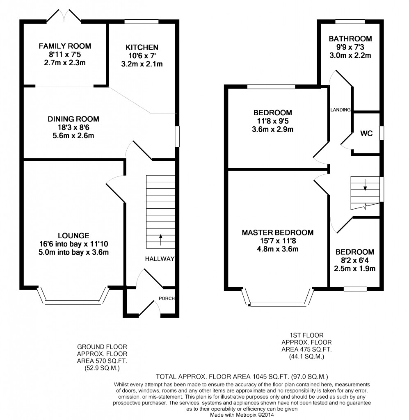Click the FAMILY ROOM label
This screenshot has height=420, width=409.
[x=65, y=46]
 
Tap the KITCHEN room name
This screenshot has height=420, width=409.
[x=142, y=48]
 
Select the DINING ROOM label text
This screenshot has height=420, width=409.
[x=73, y=119]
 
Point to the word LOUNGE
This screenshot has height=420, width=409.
[x=74, y=236]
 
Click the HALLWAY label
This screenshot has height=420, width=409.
[x=160, y=259]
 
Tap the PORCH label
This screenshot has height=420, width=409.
[x=167, y=299]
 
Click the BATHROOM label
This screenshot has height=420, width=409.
[x=350, y=39]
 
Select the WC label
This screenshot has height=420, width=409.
[x=366, y=133]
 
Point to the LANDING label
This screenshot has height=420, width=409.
[x=340, y=110]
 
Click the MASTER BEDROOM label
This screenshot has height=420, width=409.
[x=278, y=233]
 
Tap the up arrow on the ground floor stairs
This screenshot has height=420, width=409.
[x=161, y=240]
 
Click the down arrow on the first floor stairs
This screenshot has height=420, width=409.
[x=365, y=185]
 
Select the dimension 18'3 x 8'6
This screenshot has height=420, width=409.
[x=73, y=128]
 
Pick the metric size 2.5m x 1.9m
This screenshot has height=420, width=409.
[x=354, y=269]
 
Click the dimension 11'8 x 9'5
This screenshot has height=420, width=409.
[x=273, y=121]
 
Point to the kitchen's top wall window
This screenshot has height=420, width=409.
[x=142, y=22]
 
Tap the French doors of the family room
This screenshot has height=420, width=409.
[x=64, y=16]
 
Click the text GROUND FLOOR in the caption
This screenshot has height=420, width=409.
[x=102, y=347]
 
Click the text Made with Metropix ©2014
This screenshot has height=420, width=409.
[x=242, y=415]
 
